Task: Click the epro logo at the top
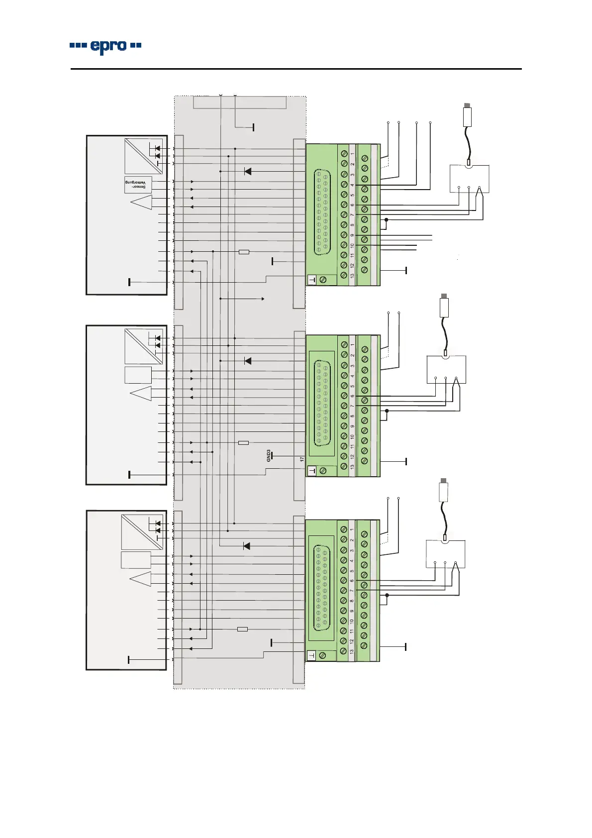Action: pyautogui.click(x=105, y=46)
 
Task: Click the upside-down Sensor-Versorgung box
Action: pyautogui.click(x=138, y=185)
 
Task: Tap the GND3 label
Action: pyautogui.click(x=269, y=456)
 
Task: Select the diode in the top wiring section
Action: pyautogui.click(x=248, y=171)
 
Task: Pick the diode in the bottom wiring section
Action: pyautogui.click(x=247, y=546)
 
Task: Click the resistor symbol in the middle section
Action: pyautogui.click(x=243, y=442)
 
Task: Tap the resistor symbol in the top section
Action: pyautogui.click(x=244, y=252)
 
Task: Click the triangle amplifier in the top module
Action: pyautogui.click(x=142, y=203)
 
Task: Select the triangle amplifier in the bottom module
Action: pyautogui.click(x=141, y=579)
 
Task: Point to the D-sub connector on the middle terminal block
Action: pyautogui.click(x=321, y=404)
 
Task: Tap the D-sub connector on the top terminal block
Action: pyautogui.click(x=321, y=212)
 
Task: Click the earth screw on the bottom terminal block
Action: pyautogui.click(x=322, y=656)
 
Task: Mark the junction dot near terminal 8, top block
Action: pyautogui.click(x=386, y=219)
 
